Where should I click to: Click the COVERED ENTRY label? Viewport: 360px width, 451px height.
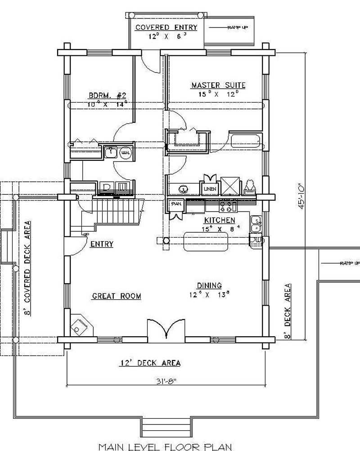click(x=166, y=27)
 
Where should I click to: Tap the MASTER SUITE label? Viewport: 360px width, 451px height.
click(x=218, y=85)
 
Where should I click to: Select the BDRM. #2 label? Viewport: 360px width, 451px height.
click(x=107, y=95)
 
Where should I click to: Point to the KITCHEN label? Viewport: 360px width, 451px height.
click(x=220, y=220)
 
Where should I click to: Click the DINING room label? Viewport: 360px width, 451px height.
click(x=209, y=285)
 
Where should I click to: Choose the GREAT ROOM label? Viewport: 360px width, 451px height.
click(x=117, y=296)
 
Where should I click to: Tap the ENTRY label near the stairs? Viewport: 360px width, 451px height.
click(x=102, y=244)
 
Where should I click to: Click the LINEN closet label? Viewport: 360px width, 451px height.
click(x=209, y=189)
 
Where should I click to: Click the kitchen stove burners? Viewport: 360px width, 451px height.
click(x=228, y=206)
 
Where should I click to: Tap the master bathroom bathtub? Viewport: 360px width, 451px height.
click(x=245, y=141)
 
